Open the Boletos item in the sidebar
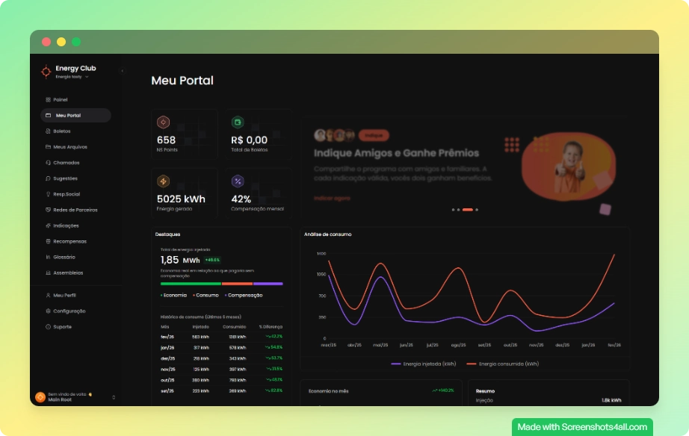click(x=61, y=131)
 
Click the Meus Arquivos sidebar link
click(x=69, y=147)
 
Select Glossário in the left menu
click(x=64, y=257)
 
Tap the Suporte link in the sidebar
click(x=62, y=327)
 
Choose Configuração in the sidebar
click(x=69, y=311)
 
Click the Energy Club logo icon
click(x=46, y=72)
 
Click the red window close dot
click(x=46, y=42)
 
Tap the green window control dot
click(x=76, y=42)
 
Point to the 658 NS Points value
click(x=167, y=140)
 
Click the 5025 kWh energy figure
click(x=181, y=199)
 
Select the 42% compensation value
click(x=241, y=199)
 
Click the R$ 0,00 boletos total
click(x=249, y=140)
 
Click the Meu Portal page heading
click(x=182, y=81)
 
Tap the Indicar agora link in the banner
click(x=332, y=199)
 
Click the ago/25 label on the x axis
click(x=459, y=346)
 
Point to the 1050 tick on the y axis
click(x=321, y=275)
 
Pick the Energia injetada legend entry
click(x=423, y=364)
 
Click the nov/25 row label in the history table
click(x=168, y=369)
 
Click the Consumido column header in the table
click(x=234, y=326)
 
